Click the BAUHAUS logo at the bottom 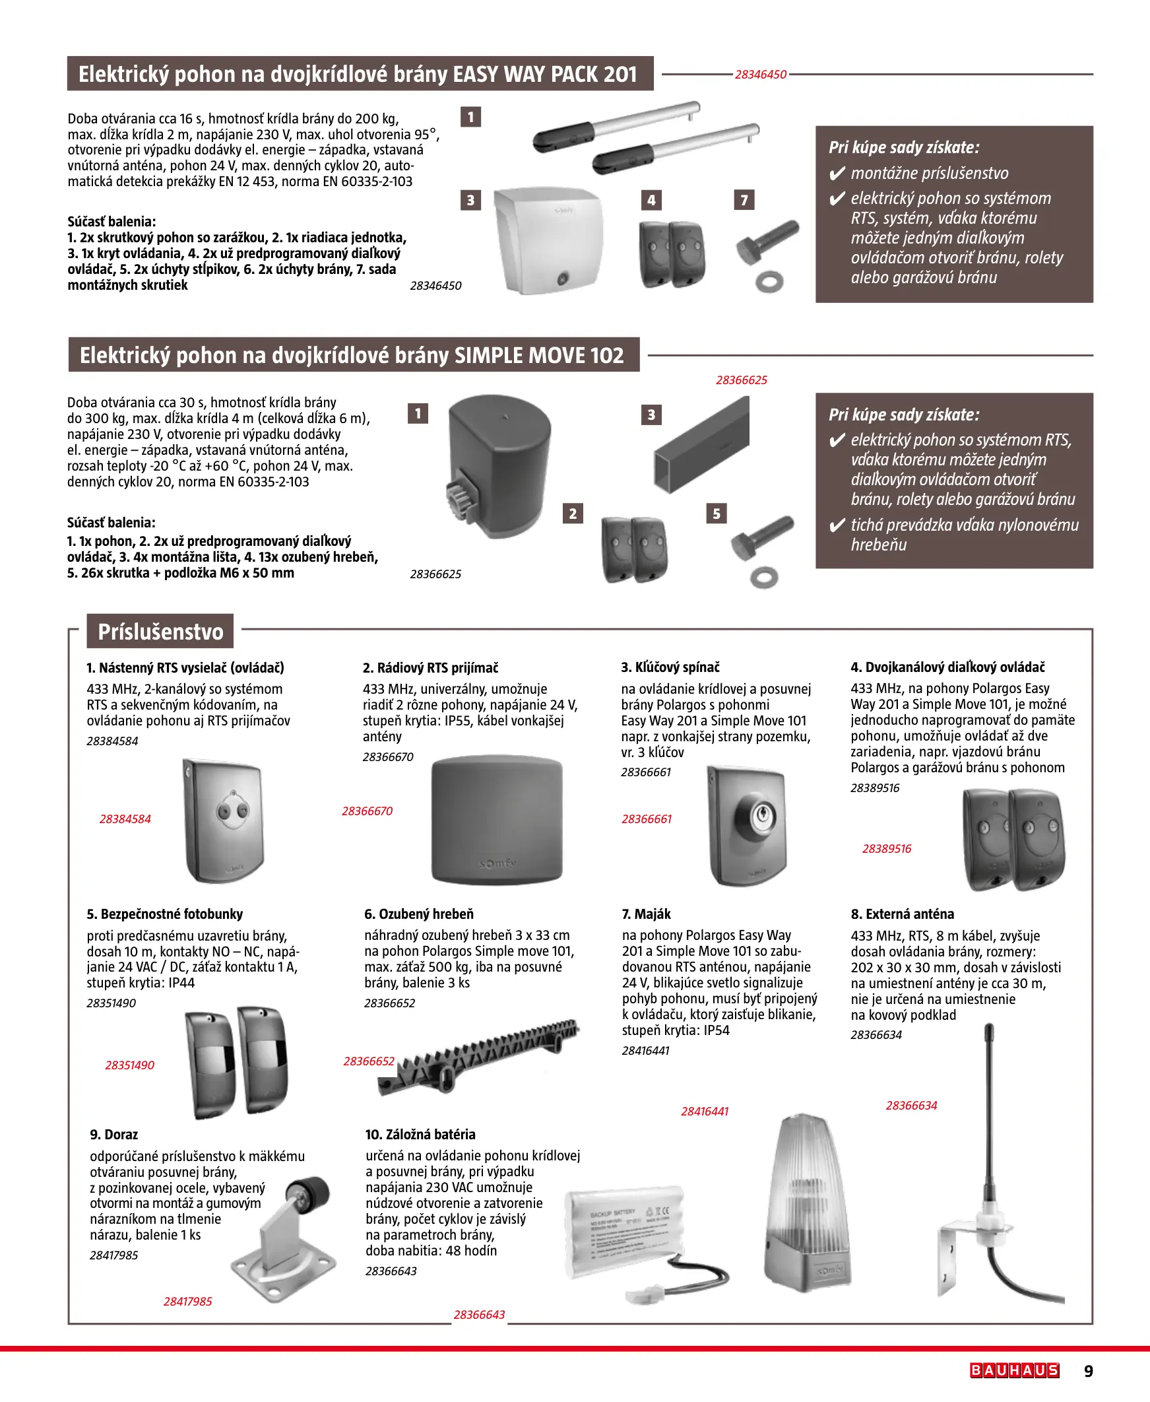tap(1014, 1370)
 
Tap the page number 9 tap(1089, 1371)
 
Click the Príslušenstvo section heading tap(160, 632)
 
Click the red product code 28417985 tap(187, 1301)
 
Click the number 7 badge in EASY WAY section tap(744, 200)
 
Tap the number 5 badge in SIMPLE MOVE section tap(716, 514)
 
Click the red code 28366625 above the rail tap(742, 380)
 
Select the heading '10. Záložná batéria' tap(420, 1134)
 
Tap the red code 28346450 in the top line tap(761, 75)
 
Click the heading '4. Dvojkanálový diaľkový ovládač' tap(947, 667)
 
